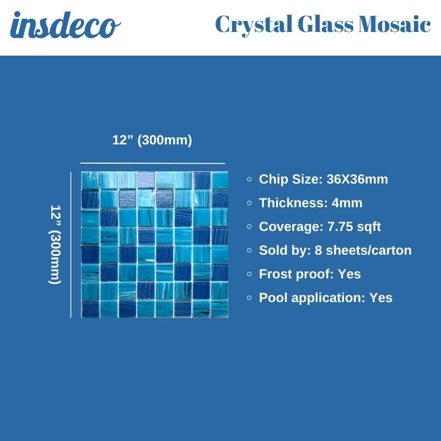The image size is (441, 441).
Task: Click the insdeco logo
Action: click(x=66, y=26)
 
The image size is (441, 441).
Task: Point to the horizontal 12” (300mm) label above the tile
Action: click(x=152, y=141)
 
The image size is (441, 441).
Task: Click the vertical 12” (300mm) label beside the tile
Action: click(x=55, y=245)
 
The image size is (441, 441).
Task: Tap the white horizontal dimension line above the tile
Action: click(x=153, y=163)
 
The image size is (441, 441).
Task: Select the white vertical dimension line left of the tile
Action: click(x=71, y=245)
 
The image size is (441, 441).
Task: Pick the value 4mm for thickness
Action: click(x=347, y=203)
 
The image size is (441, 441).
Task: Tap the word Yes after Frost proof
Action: click(x=349, y=274)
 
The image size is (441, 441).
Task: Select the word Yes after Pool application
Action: click(x=381, y=298)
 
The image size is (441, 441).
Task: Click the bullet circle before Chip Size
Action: click(x=250, y=179)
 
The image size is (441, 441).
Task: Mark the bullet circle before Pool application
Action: click(x=250, y=298)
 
